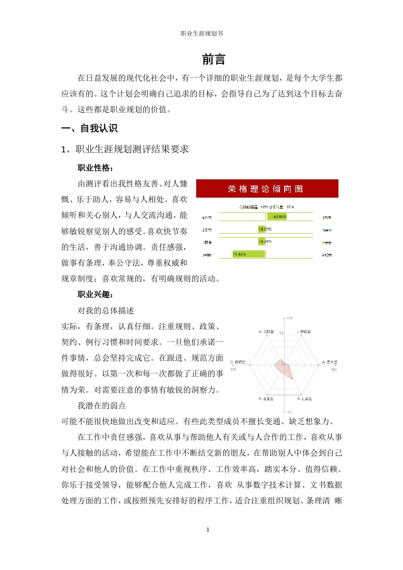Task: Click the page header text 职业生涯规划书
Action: point(202,34)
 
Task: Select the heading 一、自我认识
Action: point(89,129)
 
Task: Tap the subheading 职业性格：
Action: point(96,168)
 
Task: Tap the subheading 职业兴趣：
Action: point(96,295)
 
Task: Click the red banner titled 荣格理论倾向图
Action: point(267,189)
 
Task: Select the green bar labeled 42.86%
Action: point(276,217)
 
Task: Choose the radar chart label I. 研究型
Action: point(304,331)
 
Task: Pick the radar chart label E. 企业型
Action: point(266,398)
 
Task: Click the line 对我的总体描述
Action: point(105,310)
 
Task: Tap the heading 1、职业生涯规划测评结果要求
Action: point(125,149)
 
